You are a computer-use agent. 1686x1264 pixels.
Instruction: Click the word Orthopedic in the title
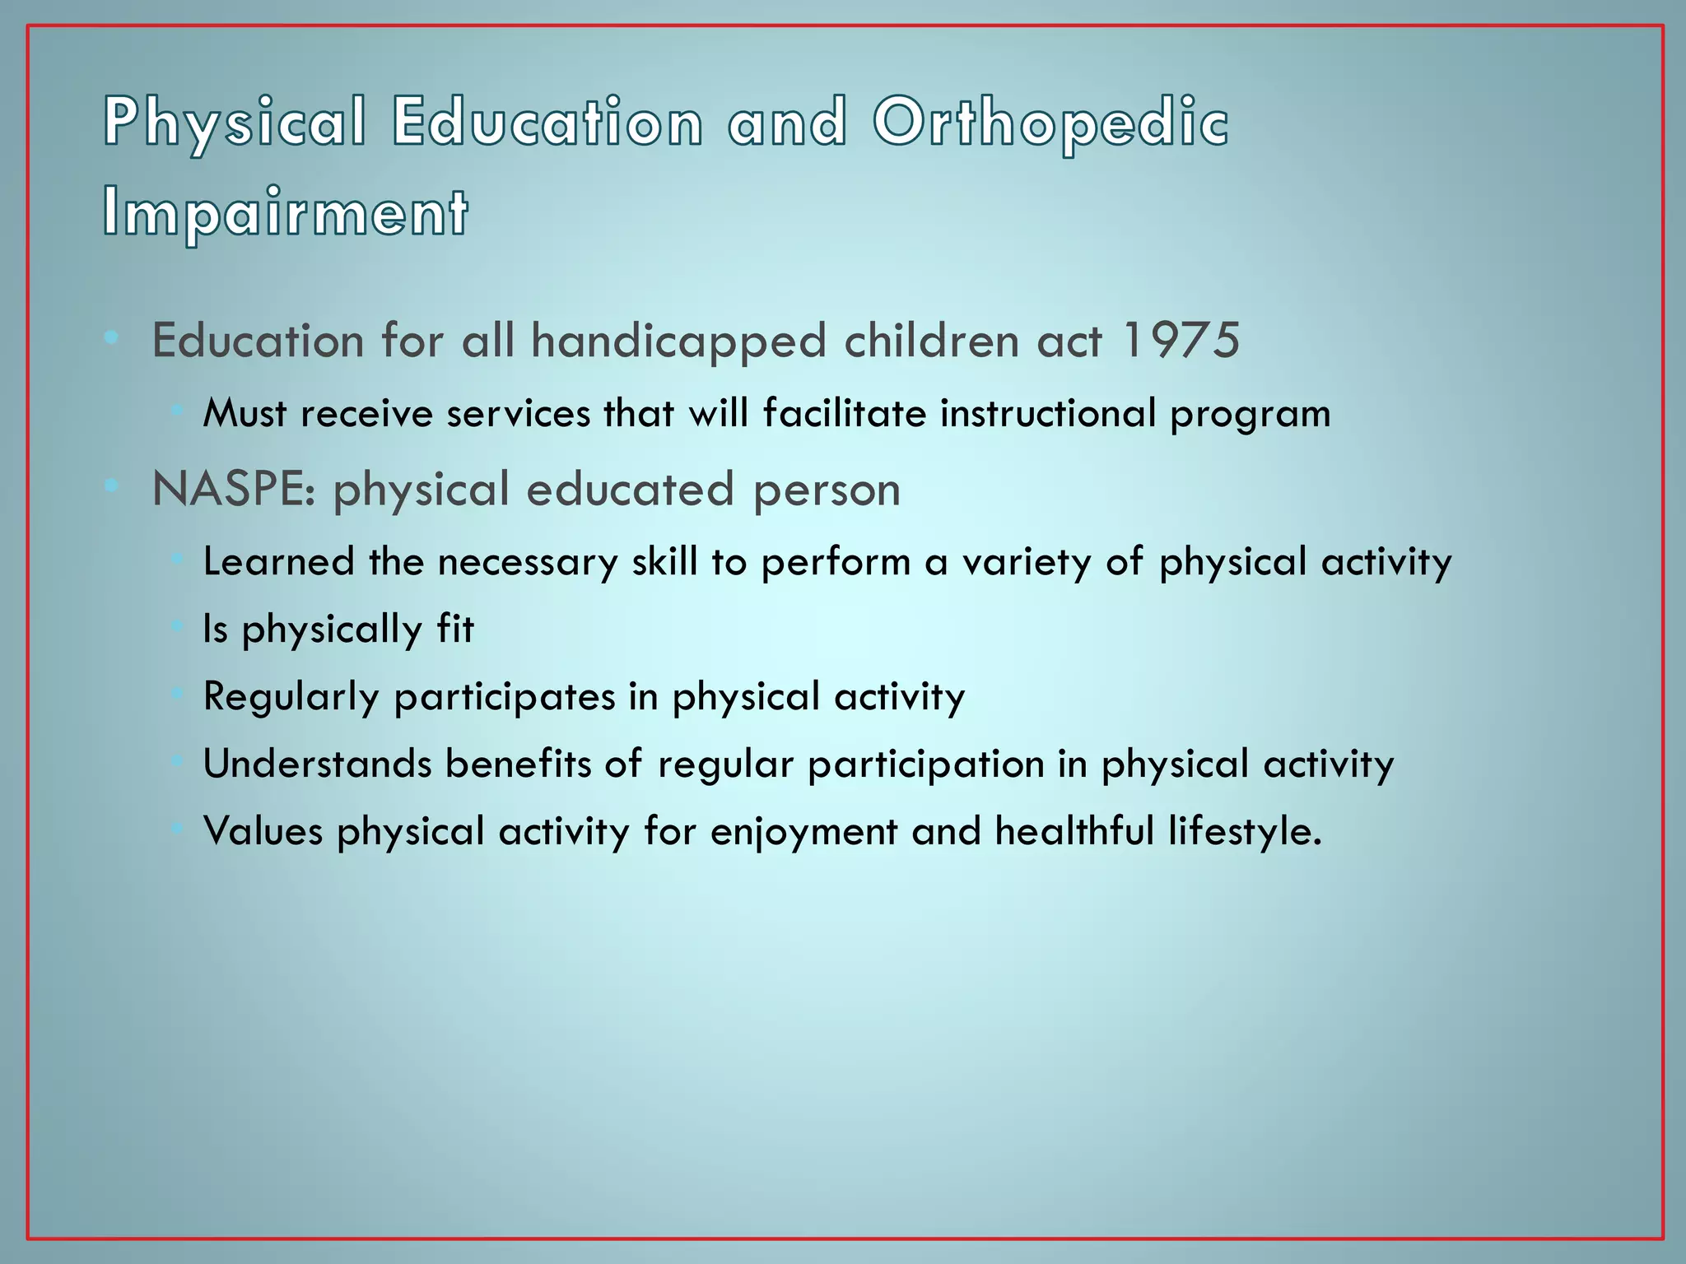pos(1050,123)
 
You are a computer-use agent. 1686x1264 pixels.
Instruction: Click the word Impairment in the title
pos(286,212)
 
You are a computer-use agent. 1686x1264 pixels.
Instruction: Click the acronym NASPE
pos(233,490)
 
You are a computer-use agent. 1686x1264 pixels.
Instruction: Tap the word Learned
pos(278,562)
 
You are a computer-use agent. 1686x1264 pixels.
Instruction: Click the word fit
pos(455,629)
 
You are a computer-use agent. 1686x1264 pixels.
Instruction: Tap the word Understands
pos(317,764)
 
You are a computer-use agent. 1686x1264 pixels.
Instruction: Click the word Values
pos(263,831)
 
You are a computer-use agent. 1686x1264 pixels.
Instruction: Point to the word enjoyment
pos(803,832)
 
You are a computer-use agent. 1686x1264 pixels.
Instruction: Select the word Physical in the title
pos(235,123)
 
